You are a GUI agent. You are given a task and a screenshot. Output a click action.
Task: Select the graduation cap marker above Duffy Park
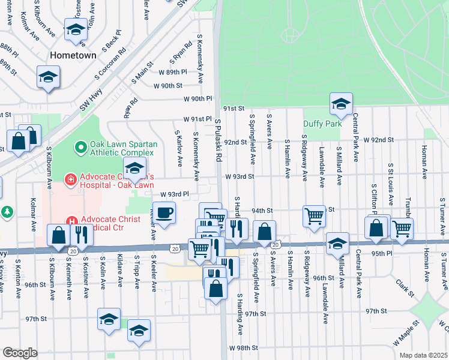pos(341,104)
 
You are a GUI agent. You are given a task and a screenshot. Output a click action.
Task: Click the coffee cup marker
pos(164,212)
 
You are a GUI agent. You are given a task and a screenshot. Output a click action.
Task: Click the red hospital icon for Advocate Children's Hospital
pos(70,178)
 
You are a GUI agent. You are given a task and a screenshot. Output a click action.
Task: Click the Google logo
pos(20,353)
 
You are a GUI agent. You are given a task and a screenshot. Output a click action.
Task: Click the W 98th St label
pos(243,347)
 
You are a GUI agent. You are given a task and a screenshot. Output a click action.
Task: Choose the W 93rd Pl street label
pos(175,194)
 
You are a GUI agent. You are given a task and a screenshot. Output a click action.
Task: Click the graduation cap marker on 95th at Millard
pos(337,243)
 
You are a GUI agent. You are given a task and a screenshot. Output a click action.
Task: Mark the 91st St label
pos(234,109)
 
